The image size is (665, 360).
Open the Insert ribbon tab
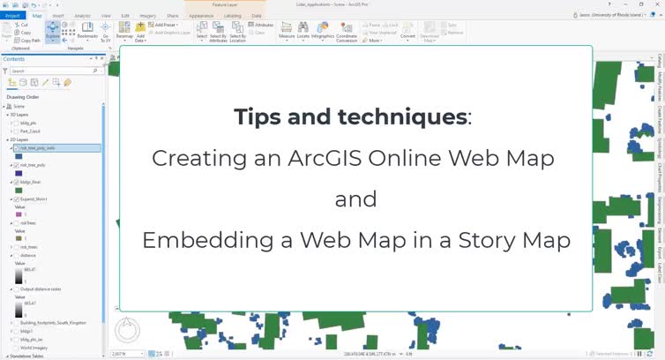coord(58,15)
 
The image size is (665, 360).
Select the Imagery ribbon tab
coord(148,15)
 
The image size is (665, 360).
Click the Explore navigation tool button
coord(53,33)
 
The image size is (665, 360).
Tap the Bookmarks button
coord(87,32)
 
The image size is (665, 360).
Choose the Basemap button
coord(125,33)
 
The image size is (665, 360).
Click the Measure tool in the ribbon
coord(287,33)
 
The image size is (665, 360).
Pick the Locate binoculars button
coord(303,33)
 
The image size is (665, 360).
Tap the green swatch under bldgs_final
coord(18,190)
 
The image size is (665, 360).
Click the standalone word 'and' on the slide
coord(355,199)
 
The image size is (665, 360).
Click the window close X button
coord(656,4)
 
